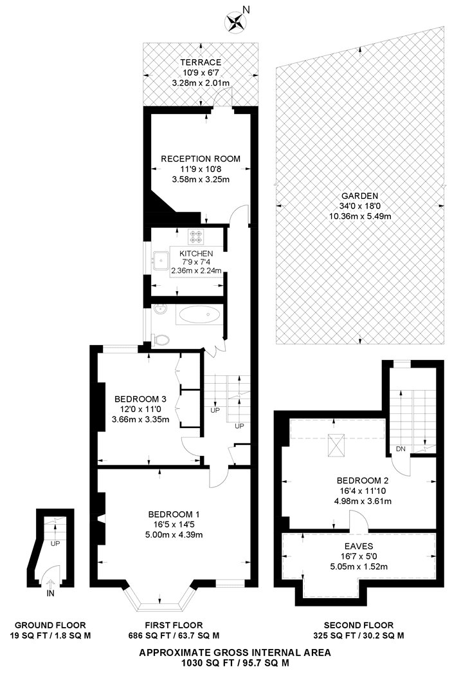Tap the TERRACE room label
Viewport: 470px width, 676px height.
tap(200, 62)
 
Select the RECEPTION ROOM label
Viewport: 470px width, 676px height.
tap(201, 159)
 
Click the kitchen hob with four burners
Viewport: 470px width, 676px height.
tap(195, 236)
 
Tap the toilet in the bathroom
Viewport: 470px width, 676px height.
tap(161, 339)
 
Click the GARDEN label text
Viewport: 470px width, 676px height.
tap(359, 196)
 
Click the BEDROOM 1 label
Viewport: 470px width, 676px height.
tap(174, 514)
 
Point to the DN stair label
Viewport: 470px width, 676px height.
tap(399, 449)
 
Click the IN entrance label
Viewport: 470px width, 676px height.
tap(51, 594)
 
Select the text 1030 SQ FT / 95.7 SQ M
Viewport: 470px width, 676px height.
tap(235, 662)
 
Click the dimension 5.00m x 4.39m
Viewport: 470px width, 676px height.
tap(174, 534)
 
